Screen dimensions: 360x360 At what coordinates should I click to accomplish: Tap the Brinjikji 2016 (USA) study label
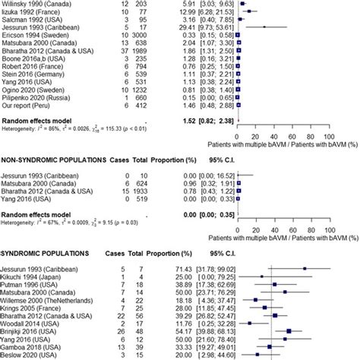tap(33, 331)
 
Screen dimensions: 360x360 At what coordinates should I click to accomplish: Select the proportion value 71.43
tap(187, 268)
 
